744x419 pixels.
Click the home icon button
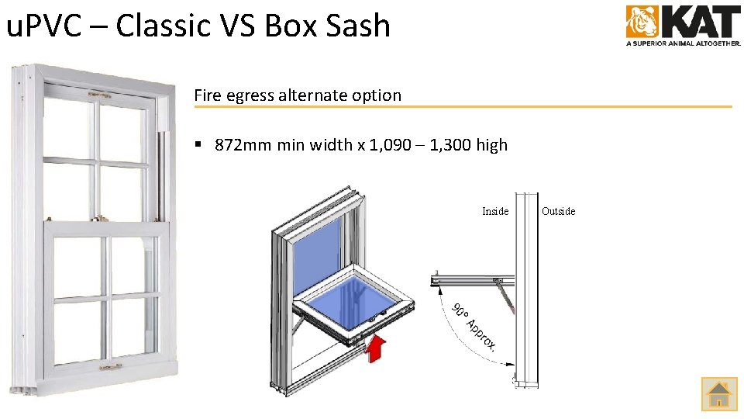pos(719,394)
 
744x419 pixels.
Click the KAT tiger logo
pos(642,22)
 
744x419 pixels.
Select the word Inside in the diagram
pos(495,211)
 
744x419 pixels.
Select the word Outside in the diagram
pos(558,211)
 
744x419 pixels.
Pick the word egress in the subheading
pos(253,96)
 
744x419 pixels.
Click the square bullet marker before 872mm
pos(199,145)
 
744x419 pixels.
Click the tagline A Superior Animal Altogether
pos(683,43)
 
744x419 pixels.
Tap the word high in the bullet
pos(492,145)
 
